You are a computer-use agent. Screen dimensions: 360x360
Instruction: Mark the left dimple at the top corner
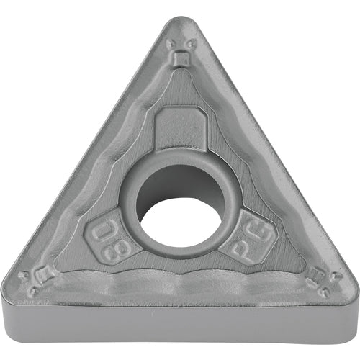coord(171,42)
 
